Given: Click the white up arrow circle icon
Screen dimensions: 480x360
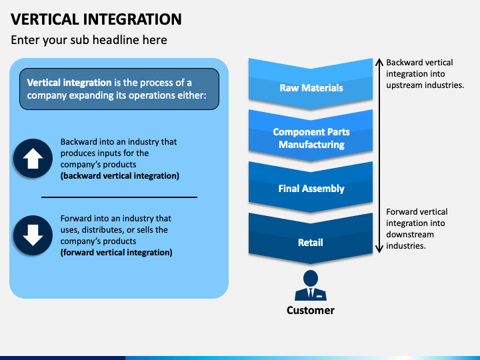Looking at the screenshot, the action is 33,158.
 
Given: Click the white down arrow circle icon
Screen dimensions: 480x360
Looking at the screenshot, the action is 33,235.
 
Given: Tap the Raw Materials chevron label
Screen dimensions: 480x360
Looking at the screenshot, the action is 311,88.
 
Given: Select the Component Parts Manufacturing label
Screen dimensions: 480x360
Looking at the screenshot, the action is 311,138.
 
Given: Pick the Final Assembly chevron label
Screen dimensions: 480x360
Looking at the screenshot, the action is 311,189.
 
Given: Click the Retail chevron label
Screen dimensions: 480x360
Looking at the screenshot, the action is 311,243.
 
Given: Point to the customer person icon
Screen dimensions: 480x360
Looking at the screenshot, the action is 311,285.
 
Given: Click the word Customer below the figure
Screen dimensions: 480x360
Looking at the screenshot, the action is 311,310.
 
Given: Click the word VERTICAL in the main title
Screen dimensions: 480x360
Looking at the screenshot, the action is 45,19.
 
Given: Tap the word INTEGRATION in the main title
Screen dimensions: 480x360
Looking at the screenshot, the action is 133,19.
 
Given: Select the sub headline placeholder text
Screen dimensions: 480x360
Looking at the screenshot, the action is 89,40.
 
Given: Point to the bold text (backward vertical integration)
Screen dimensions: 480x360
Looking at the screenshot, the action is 120,176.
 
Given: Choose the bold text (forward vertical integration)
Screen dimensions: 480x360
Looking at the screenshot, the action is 116,252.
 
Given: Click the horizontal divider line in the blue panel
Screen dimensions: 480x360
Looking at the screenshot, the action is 119,197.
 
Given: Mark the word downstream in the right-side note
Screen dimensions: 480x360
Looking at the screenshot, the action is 410,235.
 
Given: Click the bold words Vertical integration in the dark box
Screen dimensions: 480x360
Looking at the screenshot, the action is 69,83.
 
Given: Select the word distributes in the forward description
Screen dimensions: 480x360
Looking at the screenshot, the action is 103,230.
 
